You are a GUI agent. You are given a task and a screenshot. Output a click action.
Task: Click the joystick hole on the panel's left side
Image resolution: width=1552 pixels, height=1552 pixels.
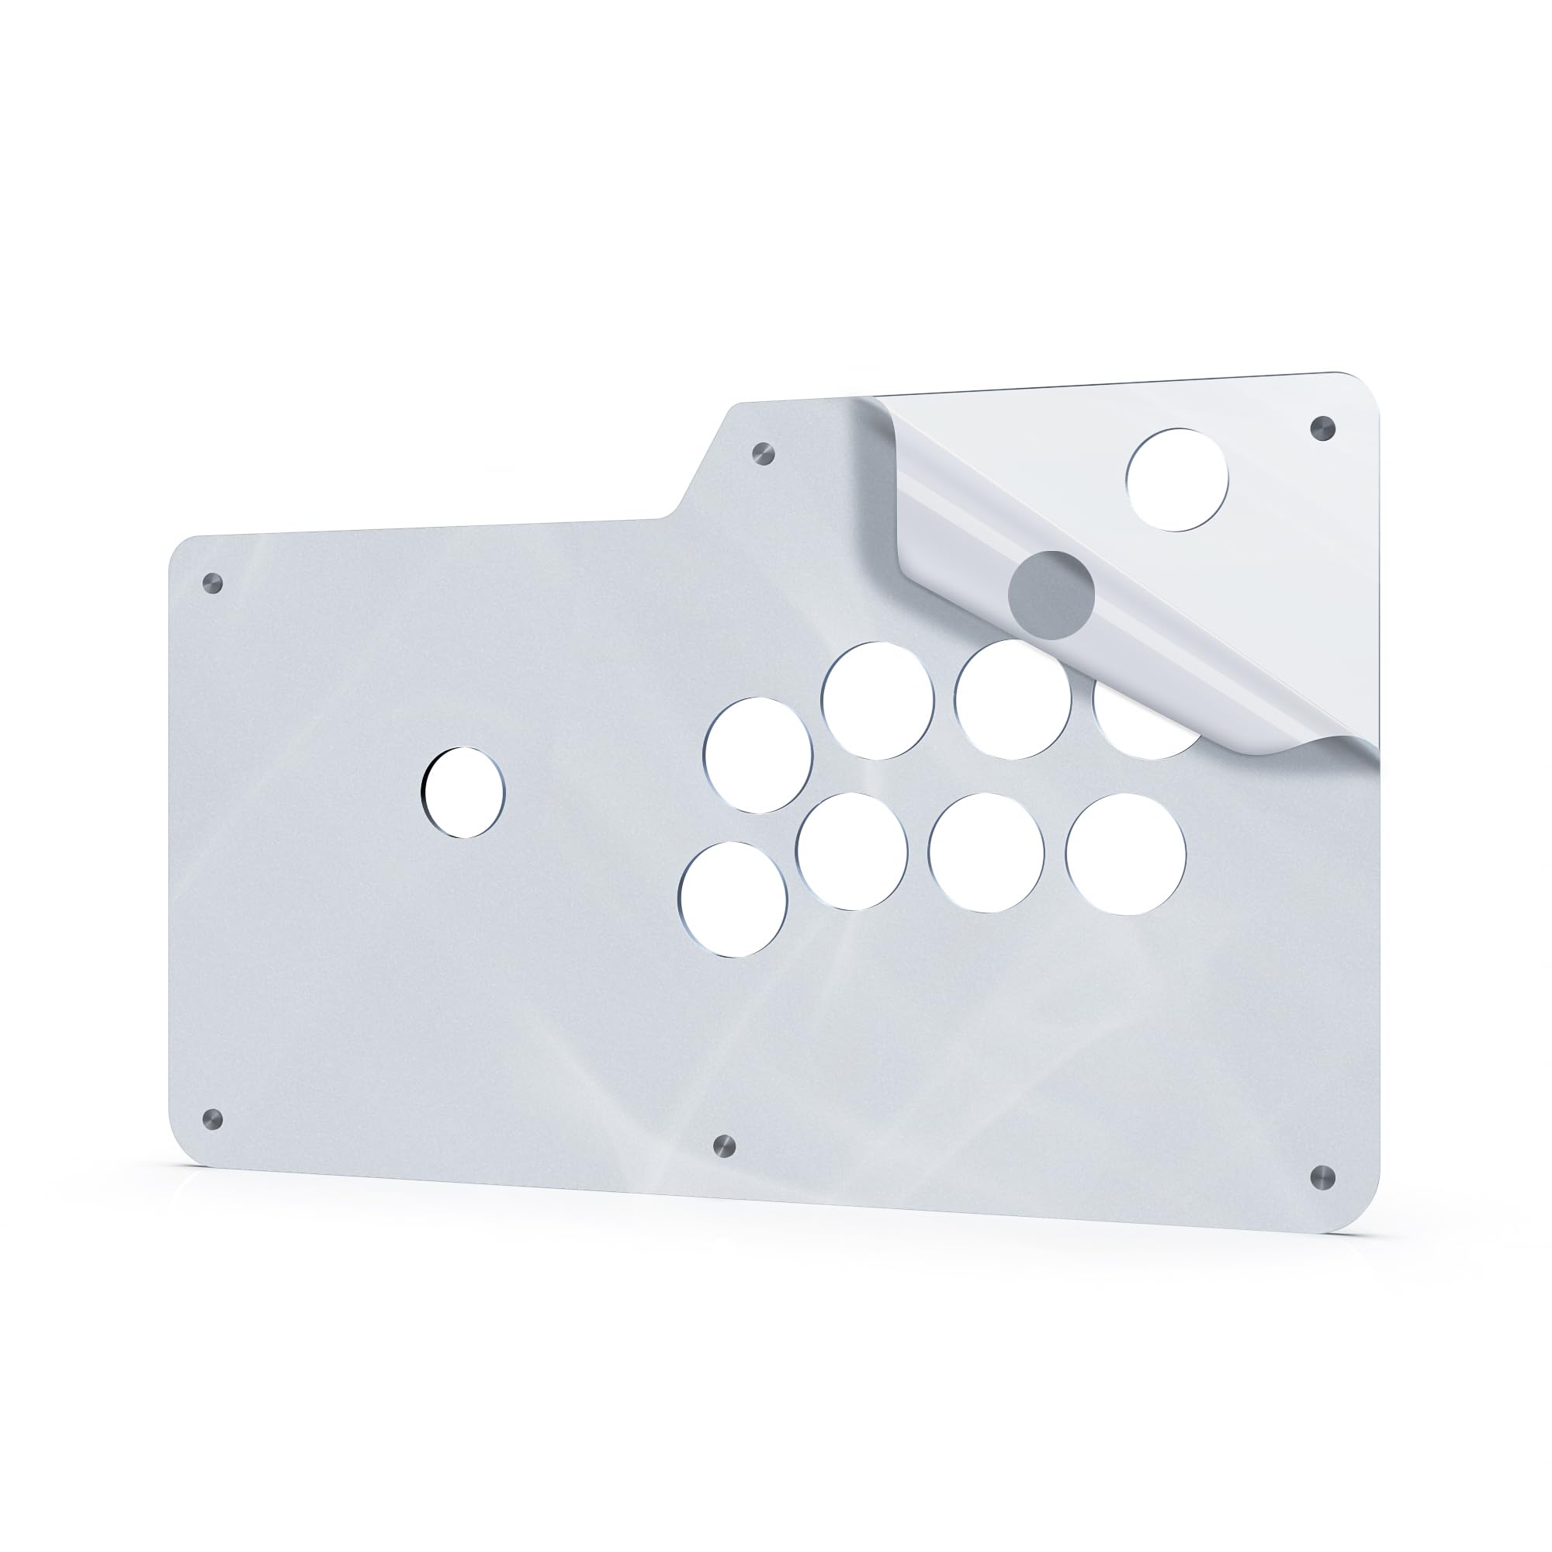tap(463, 793)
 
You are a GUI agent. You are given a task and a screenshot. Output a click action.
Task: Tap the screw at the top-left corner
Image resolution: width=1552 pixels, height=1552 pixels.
tap(212, 583)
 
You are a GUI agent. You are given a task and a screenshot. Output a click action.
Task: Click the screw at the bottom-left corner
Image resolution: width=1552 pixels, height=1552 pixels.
tap(212, 1117)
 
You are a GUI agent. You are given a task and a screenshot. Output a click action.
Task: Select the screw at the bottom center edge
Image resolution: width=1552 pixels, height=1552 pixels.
tap(724, 1145)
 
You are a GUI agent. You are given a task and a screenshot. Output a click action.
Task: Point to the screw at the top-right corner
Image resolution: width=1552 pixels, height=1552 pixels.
tap(1322, 428)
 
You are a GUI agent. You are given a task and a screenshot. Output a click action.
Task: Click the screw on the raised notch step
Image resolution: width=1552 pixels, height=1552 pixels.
tap(764, 453)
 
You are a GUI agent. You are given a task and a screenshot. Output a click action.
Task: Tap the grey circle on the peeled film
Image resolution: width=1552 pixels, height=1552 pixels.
tap(1051, 594)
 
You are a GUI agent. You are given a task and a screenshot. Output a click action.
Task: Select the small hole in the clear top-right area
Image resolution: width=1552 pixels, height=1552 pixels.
tap(1177, 480)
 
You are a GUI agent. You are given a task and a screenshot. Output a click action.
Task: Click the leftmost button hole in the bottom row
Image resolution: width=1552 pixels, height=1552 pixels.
tap(733, 899)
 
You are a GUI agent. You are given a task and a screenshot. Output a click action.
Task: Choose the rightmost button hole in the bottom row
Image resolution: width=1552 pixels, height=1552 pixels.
tap(1125, 854)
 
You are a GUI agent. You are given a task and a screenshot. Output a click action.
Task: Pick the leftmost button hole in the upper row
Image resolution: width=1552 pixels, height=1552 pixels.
tap(757, 755)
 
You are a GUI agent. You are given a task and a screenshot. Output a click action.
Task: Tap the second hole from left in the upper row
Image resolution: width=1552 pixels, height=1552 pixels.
tap(878, 701)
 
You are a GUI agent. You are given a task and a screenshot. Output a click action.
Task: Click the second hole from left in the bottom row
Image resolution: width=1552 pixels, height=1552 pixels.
tap(852, 851)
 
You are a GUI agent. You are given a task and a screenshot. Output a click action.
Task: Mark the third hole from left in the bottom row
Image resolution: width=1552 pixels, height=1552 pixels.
tap(986, 853)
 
